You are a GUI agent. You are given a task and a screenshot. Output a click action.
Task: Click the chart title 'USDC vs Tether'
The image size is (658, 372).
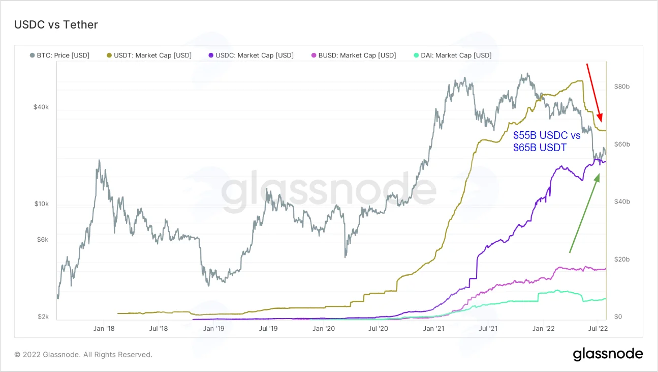tap(56, 25)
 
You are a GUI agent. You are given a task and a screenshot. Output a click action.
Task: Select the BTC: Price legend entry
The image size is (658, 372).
tap(59, 55)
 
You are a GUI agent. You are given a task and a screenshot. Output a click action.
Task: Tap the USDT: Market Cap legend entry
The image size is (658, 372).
tap(149, 55)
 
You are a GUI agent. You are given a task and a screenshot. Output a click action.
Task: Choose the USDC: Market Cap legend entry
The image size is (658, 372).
tap(251, 55)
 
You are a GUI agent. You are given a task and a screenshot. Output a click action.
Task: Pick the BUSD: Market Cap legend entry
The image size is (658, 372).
tap(354, 55)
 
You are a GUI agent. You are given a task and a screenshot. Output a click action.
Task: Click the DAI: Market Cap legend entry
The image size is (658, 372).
tap(453, 55)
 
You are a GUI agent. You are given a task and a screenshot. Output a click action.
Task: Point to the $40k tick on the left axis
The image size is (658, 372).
tap(41, 107)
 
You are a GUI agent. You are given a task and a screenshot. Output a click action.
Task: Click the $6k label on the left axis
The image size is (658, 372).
tap(43, 240)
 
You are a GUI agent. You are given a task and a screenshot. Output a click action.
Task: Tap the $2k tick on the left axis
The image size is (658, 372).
tap(43, 317)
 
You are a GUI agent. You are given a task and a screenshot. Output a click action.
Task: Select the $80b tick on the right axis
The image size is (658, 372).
tap(622, 87)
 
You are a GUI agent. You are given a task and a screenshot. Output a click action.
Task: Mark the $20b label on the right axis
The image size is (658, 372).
tap(622, 260)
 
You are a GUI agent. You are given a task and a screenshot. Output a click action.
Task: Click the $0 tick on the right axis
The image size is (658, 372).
tap(618, 317)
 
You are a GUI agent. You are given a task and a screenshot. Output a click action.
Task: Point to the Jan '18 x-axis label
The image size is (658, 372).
tap(104, 328)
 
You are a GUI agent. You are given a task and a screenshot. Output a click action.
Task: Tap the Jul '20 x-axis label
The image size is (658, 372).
tap(378, 328)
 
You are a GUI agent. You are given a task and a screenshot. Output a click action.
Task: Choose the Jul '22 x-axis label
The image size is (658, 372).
tap(598, 328)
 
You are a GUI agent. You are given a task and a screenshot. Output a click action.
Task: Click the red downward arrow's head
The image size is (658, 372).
tap(600, 118)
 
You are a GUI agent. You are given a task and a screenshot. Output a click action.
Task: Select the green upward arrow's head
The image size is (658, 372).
tap(597, 178)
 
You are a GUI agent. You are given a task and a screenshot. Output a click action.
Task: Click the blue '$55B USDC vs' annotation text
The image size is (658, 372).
tap(547, 135)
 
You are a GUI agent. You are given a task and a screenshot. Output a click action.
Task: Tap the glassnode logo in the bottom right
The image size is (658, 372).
tap(608, 354)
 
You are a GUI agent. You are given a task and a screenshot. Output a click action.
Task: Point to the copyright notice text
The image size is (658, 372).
tap(83, 355)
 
